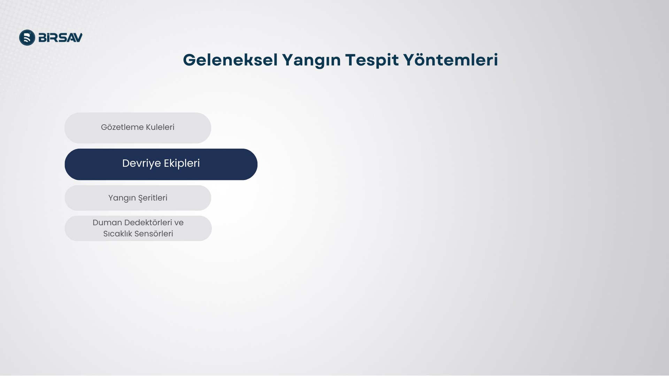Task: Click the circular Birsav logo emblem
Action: (x=27, y=38)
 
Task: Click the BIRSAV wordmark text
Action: (x=61, y=38)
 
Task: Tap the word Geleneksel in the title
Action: (x=230, y=60)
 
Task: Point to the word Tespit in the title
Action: (x=372, y=61)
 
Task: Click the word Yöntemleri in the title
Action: (x=451, y=60)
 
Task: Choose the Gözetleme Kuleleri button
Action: (x=138, y=128)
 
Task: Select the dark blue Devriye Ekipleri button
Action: (x=161, y=164)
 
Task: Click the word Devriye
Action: (x=141, y=163)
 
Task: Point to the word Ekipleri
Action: (x=182, y=163)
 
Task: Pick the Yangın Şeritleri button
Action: (x=138, y=198)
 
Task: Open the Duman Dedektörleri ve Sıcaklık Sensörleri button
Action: (x=138, y=228)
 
